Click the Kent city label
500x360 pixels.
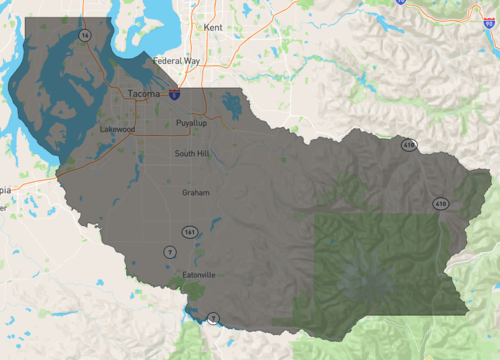tap(212, 28)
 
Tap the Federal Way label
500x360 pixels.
tap(176, 61)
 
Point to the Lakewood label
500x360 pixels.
tap(117, 129)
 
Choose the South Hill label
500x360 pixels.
tap(192, 154)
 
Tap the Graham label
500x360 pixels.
tap(196, 192)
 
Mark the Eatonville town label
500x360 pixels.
tap(200, 274)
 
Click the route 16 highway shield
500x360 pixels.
tap(85, 35)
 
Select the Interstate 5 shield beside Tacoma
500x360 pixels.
tap(174, 95)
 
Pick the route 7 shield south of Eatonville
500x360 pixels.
tap(212, 319)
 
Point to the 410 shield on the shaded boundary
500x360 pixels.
tap(409, 146)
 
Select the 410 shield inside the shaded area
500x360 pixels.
tap(440, 203)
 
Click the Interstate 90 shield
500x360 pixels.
tap(399, 3)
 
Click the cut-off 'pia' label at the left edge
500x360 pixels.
tap(5, 188)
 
